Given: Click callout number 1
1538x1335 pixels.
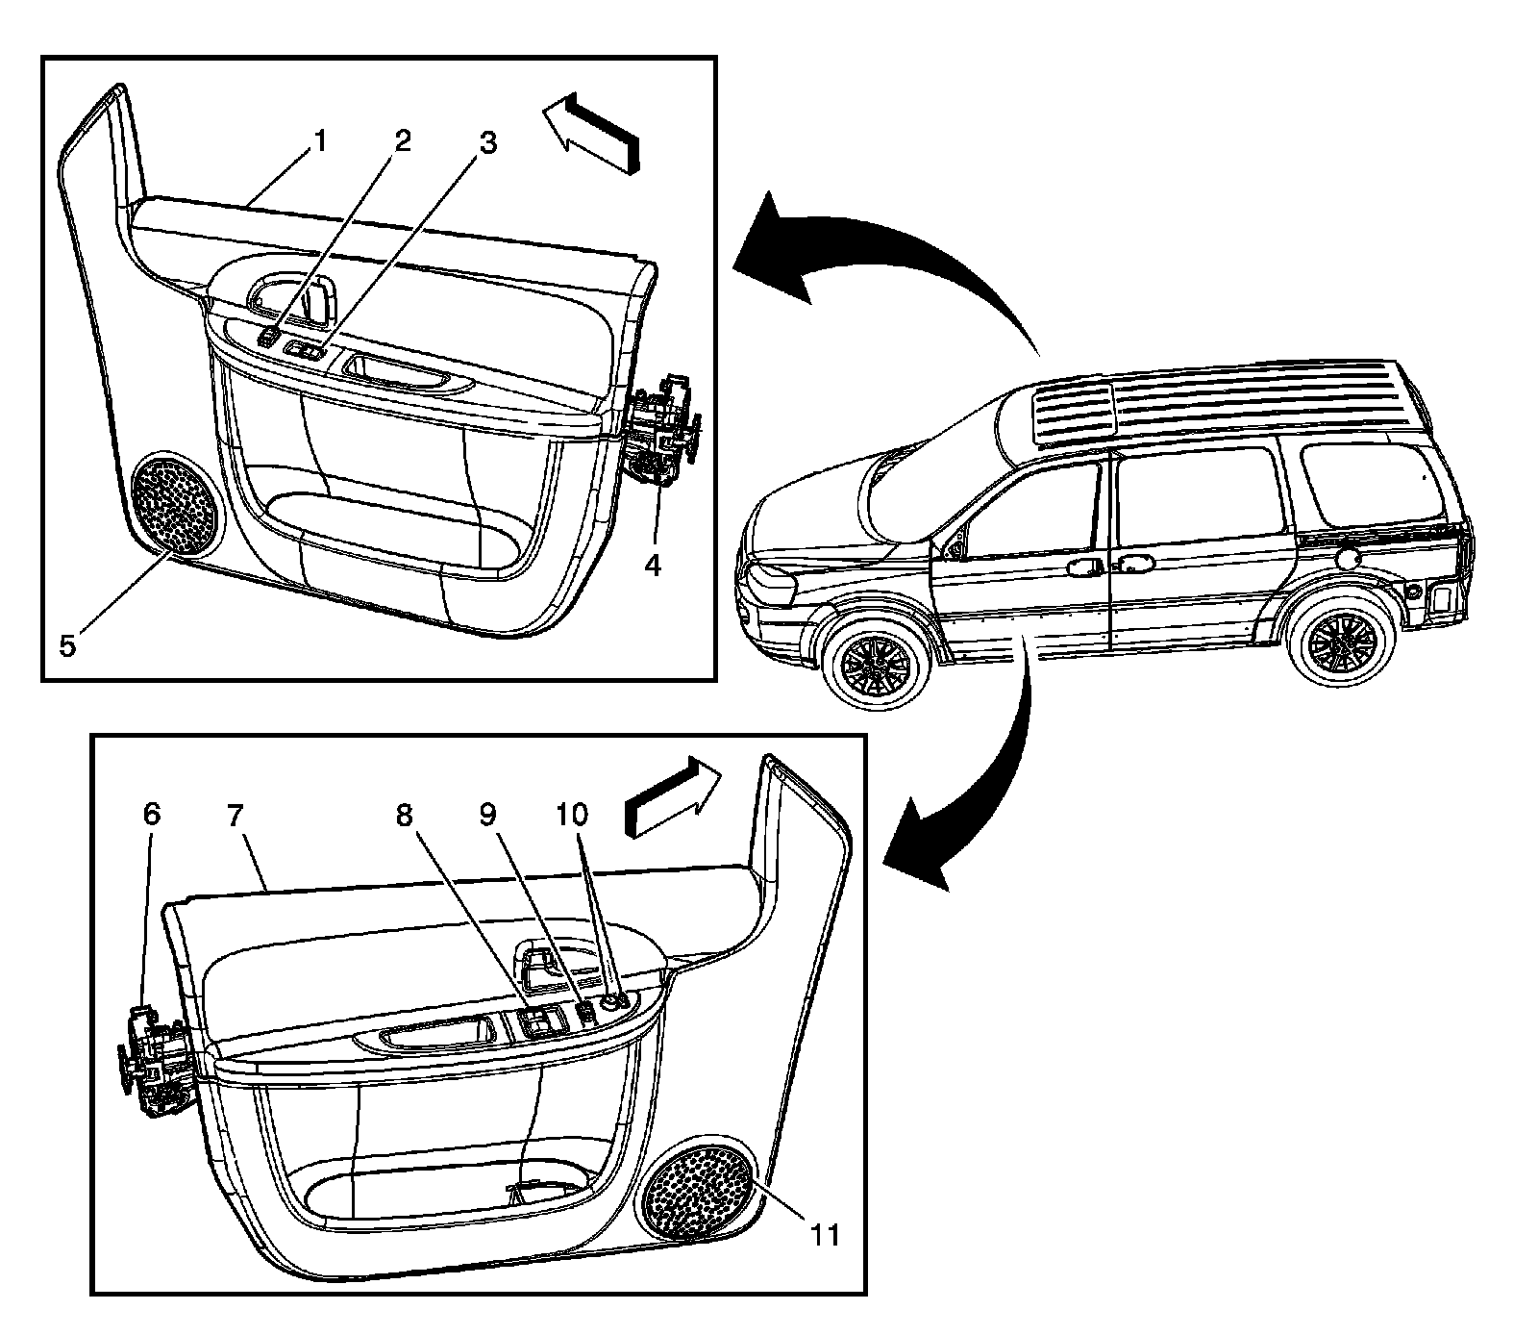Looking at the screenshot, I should [320, 142].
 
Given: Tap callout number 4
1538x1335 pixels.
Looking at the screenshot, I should [653, 566].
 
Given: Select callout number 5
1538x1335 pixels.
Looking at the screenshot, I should [67, 643].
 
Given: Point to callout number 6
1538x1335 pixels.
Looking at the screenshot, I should [152, 815].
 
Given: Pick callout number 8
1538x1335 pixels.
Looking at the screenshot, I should [405, 815].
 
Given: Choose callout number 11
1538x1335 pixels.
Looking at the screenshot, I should [824, 1234].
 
